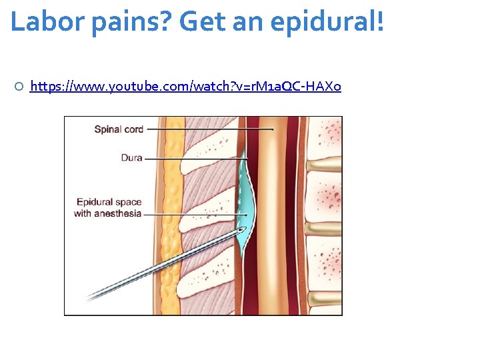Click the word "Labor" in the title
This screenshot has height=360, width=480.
[41, 21]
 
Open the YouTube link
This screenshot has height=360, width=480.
[185, 86]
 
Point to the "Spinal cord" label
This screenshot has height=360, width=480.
[119, 129]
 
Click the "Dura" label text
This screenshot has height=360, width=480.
[131, 159]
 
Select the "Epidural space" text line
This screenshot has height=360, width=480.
[109, 203]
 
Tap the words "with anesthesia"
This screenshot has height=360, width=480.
[107, 213]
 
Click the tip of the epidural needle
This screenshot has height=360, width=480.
[241, 229]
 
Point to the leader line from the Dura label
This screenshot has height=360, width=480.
[193, 159]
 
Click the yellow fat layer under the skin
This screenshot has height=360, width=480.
[173, 213]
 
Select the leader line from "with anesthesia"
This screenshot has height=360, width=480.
[193, 214]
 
